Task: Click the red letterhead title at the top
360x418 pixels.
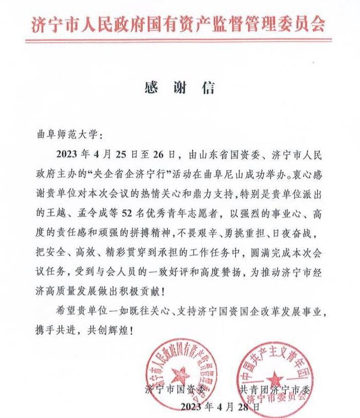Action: pyautogui.click(x=179, y=24)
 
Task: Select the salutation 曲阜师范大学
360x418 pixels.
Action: pyautogui.click(x=68, y=135)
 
